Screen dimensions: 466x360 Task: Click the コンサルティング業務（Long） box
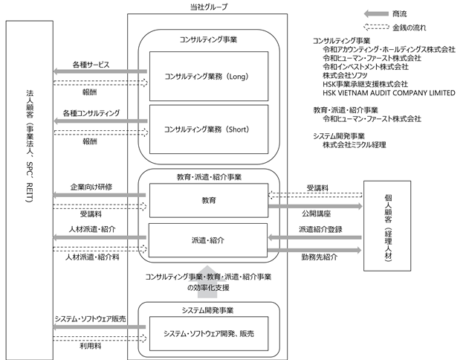click(x=209, y=76)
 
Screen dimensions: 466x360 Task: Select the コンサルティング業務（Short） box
click(x=209, y=129)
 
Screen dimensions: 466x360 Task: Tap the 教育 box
click(x=209, y=200)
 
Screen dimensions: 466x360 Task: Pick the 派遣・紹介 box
click(x=208, y=240)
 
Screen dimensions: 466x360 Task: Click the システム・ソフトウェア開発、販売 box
click(x=209, y=333)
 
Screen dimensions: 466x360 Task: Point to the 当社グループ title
click(x=209, y=7)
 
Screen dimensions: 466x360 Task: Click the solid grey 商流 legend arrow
click(x=376, y=13)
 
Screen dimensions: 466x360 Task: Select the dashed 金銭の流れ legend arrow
click(x=376, y=27)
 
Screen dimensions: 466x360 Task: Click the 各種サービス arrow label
click(x=91, y=65)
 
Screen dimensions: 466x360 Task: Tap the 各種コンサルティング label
click(x=91, y=113)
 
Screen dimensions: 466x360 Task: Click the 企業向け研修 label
click(x=91, y=187)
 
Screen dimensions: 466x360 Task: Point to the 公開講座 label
click(x=317, y=213)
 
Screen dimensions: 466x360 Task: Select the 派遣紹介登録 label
click(x=320, y=229)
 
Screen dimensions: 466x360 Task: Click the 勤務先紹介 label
click(x=320, y=257)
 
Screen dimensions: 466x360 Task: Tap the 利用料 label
click(x=91, y=346)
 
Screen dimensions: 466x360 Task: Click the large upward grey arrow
click(x=207, y=281)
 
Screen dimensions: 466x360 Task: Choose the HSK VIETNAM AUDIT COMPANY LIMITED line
click(x=389, y=93)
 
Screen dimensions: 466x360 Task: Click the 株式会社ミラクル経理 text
click(x=355, y=145)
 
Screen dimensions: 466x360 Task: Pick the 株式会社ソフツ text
click(x=345, y=75)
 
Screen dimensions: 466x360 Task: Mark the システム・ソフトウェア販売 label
click(x=91, y=319)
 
